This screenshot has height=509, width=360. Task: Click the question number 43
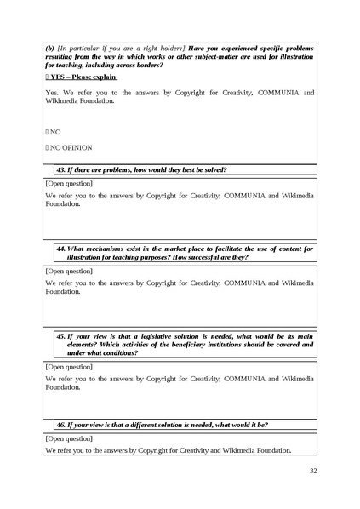click(x=60, y=169)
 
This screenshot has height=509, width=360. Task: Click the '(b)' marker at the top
click(x=49, y=49)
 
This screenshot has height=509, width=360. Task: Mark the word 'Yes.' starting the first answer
click(x=52, y=92)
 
